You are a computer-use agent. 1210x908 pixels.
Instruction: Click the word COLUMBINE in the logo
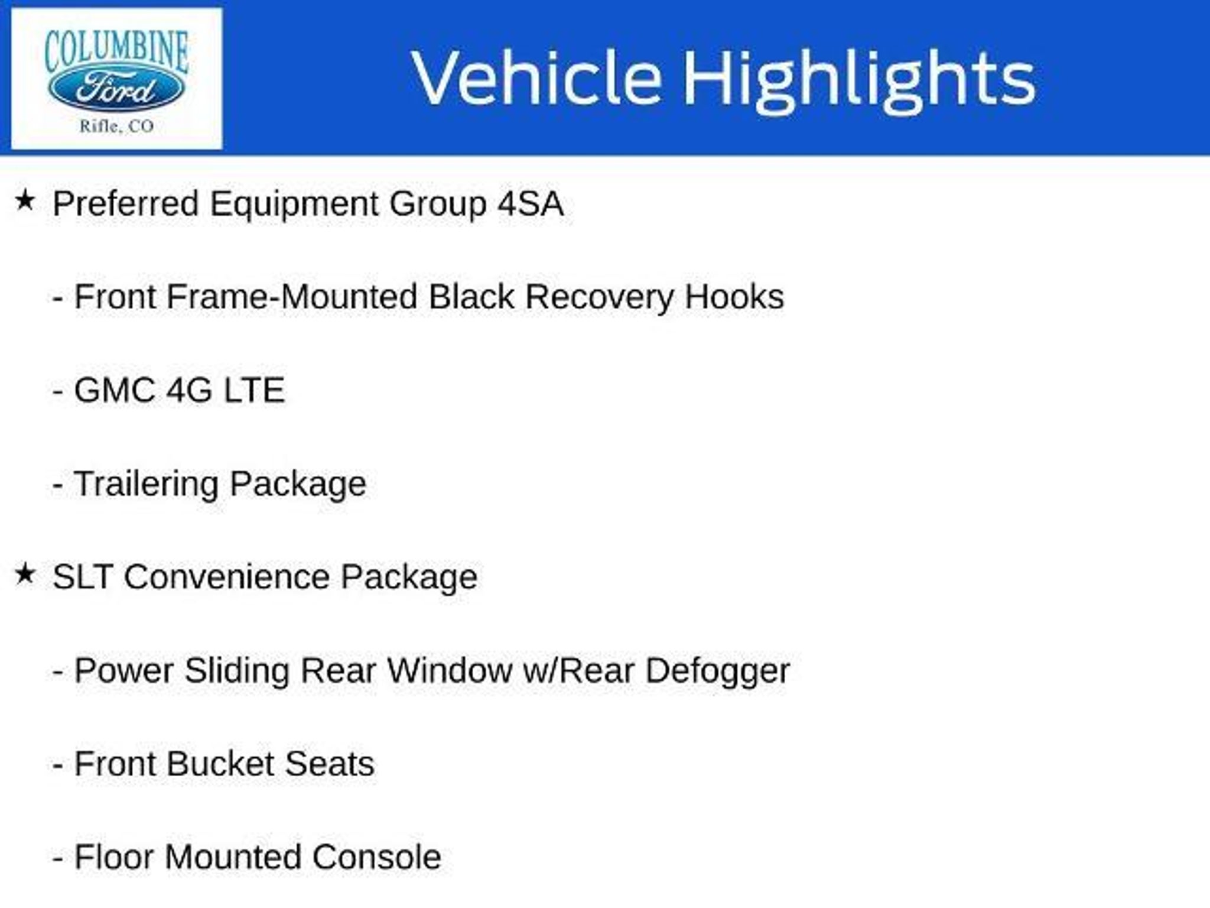pos(116,50)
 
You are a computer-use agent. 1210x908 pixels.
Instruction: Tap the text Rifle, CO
pos(116,126)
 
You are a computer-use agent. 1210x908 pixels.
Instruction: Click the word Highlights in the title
pos(859,82)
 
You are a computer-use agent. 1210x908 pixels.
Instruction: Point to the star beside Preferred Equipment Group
pos(25,200)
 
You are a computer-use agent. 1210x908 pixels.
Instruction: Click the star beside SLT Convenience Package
pos(25,573)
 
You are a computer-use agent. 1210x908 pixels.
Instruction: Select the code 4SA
pos(531,204)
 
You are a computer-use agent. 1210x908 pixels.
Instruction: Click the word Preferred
pos(126,204)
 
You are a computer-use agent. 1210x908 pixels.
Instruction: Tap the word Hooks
pos(734,297)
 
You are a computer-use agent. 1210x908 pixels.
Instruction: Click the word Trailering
pos(147,484)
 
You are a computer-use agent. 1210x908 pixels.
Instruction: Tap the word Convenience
pos(226,577)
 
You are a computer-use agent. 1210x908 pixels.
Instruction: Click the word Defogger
pos(717,672)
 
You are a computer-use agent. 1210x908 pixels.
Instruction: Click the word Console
pos(376,857)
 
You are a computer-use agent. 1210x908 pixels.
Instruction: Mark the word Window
pos(450,670)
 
